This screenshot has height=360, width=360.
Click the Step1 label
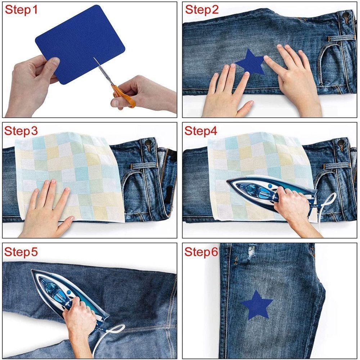(x=21, y=10)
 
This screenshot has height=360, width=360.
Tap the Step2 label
(x=202, y=10)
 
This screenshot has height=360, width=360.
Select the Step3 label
(x=21, y=131)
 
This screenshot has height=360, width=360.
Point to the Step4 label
(x=201, y=131)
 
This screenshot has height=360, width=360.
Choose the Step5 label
(x=21, y=252)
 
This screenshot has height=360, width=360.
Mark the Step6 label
(x=201, y=252)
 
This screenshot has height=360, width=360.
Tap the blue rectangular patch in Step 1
(x=80, y=44)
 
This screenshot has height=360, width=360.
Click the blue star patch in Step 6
(x=257, y=305)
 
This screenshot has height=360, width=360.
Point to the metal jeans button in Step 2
(x=345, y=15)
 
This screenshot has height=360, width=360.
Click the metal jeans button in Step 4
(x=341, y=142)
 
